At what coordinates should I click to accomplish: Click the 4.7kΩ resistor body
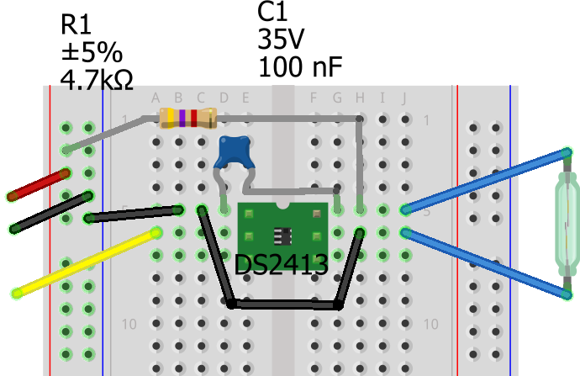[189, 119]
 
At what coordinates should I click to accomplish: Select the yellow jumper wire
[84, 262]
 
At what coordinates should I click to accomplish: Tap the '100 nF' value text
[300, 66]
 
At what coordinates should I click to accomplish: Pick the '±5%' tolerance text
[91, 52]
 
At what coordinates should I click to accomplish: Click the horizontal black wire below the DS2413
[284, 305]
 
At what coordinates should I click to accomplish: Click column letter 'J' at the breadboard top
[404, 98]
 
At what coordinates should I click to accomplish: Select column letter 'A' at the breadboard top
[156, 98]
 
